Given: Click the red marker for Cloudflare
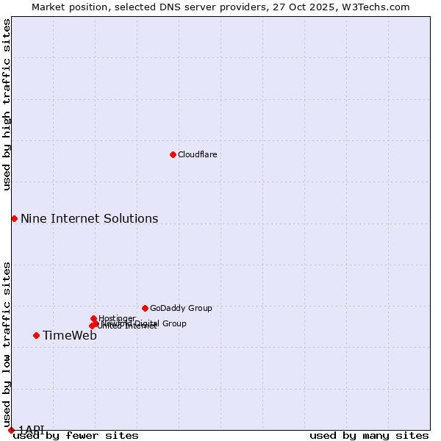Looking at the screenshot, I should [x=173, y=154].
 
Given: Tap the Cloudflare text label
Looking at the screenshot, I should [x=197, y=154].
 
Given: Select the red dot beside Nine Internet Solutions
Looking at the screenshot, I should [x=14, y=218].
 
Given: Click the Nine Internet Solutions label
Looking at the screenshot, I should [x=89, y=218].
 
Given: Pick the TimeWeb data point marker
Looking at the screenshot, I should [x=36, y=335].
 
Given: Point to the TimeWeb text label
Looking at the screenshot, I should [x=69, y=335].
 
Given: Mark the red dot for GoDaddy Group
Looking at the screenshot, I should [x=145, y=308].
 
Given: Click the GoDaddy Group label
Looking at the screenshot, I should [x=180, y=308].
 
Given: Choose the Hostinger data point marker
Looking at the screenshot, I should [x=93, y=318].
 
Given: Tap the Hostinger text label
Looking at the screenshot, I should [x=117, y=318].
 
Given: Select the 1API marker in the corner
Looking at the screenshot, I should [x=11, y=430].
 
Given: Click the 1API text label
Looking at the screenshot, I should [x=32, y=429].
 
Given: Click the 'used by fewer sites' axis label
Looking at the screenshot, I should [x=76, y=436].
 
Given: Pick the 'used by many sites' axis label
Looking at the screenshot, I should [x=369, y=436].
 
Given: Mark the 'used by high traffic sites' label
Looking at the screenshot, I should [x=7, y=104].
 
